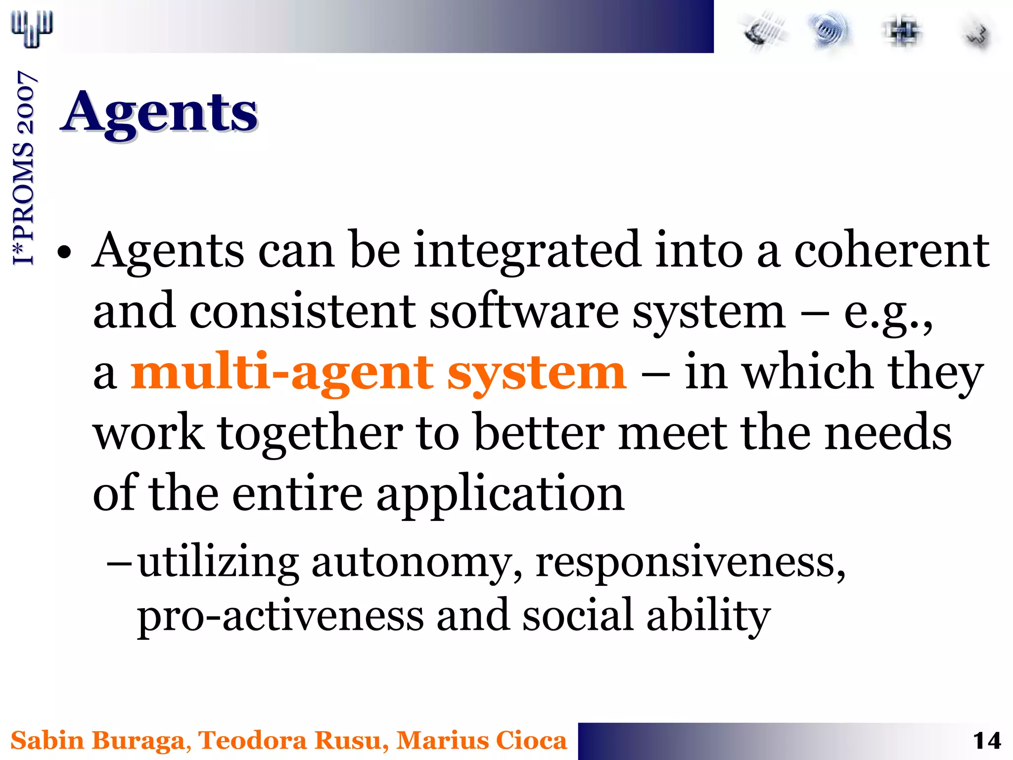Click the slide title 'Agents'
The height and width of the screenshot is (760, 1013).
159,113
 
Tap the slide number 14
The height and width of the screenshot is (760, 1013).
986,741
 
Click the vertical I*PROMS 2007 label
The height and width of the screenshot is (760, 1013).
23,168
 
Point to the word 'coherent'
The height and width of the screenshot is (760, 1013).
891,250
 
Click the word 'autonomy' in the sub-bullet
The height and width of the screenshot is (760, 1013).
416,563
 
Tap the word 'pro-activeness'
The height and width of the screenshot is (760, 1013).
280,617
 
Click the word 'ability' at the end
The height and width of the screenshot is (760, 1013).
708,617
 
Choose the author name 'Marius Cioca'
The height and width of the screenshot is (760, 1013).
481,741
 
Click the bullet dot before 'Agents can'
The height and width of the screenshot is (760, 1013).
65,253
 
